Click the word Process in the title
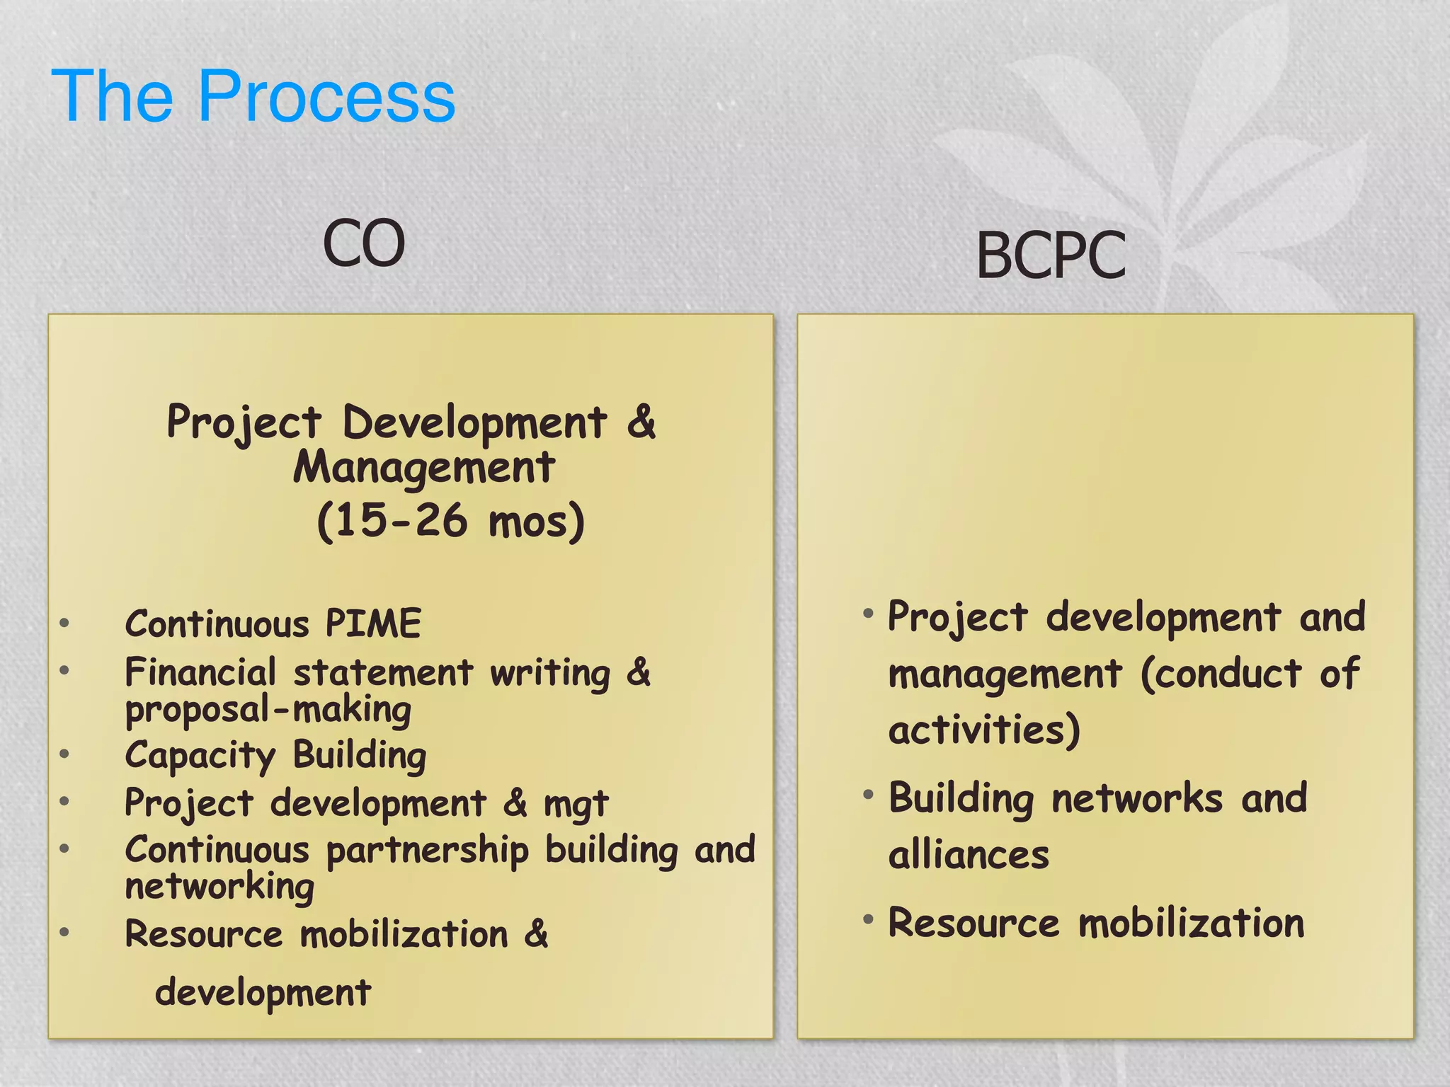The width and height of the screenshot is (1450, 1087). pos(326,96)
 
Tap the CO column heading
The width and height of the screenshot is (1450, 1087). pos(364,243)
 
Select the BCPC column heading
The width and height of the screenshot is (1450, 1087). pos(1051,255)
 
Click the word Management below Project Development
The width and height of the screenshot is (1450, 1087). pos(424,468)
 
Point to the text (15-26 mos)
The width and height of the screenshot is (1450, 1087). pos(451,522)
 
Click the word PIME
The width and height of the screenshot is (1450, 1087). pos(373,623)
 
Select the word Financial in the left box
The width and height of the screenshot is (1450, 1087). pos(200,672)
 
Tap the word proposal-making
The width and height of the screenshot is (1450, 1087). pos(268,710)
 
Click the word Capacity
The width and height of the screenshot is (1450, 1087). pos(200,756)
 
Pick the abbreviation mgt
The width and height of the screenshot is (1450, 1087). pos(576,805)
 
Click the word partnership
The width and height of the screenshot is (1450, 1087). pos(427,851)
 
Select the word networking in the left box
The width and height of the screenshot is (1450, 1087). pos(219,887)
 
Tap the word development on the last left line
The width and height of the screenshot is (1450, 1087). pos(263,992)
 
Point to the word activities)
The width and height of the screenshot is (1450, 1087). pos(984,730)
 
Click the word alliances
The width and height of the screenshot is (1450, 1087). pos(969,855)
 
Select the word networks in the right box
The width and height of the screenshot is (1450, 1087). pos(1137,798)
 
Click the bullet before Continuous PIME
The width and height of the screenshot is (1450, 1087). pos(64,623)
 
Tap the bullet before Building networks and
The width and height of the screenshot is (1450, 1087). pos(868,795)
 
